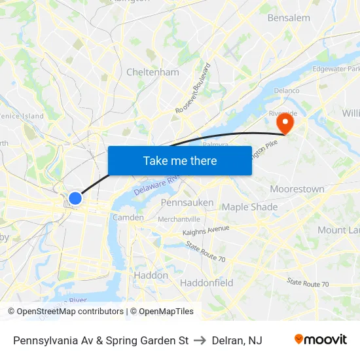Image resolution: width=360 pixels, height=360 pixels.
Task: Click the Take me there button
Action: (x=180, y=160)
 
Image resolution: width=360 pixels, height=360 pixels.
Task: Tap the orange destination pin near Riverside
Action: (x=285, y=122)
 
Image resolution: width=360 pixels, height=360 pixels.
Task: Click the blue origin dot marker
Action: (x=75, y=198)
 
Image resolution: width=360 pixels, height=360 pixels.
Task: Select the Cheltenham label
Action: (x=153, y=72)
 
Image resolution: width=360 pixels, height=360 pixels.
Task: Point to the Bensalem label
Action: (x=289, y=18)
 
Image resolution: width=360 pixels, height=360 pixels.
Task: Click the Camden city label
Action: (x=124, y=217)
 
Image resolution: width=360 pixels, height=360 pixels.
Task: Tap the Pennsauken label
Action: (x=187, y=203)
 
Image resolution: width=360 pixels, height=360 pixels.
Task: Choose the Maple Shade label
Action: (x=249, y=207)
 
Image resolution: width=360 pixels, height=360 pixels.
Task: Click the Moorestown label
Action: (x=297, y=189)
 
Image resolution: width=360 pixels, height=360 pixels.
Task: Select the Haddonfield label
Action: (x=206, y=283)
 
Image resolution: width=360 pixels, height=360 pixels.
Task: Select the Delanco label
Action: (x=286, y=90)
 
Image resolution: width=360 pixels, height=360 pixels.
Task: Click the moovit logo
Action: (x=321, y=340)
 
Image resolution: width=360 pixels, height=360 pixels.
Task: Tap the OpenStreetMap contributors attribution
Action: (x=65, y=312)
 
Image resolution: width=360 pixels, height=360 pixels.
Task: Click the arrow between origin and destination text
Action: (x=200, y=340)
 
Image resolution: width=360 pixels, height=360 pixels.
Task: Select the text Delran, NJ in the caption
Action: (x=237, y=340)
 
